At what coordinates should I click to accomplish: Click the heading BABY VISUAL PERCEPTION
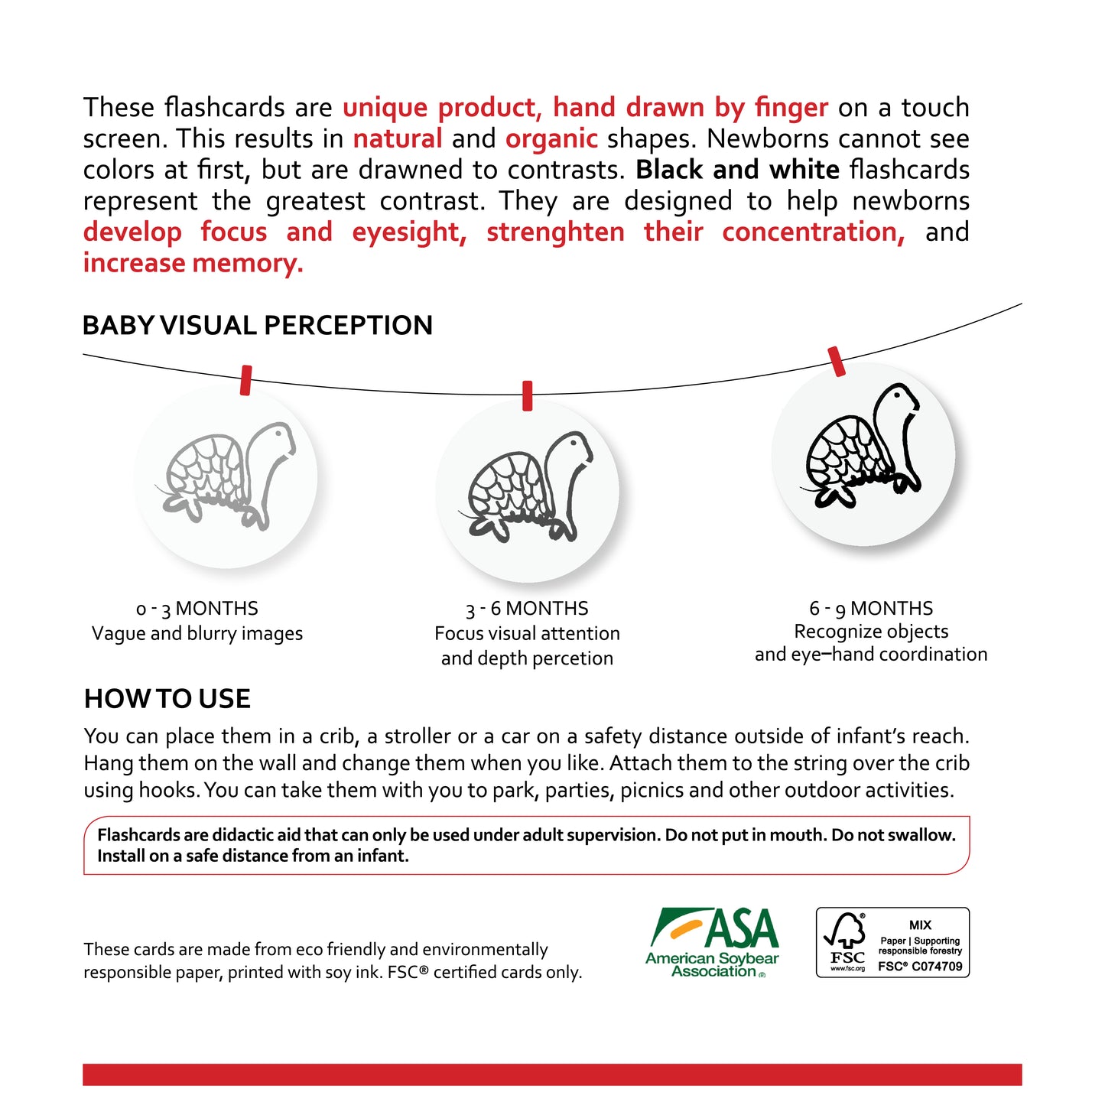(257, 326)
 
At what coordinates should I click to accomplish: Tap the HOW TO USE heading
(167, 699)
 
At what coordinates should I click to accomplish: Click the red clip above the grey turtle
(245, 380)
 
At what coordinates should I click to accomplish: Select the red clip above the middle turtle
(527, 395)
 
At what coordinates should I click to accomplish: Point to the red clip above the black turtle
(837, 362)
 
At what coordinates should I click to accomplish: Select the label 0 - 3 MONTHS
(197, 609)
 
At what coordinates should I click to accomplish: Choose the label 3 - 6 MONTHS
(527, 609)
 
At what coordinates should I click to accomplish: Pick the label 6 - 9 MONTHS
(871, 609)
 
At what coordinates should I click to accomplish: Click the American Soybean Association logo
(713, 942)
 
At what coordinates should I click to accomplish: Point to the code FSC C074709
(920, 967)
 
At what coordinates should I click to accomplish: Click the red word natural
(398, 139)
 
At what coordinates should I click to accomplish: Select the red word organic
(551, 139)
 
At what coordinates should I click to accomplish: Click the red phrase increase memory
(193, 263)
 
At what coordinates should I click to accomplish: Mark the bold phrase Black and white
(737, 170)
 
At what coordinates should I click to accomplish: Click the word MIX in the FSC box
(920, 925)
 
